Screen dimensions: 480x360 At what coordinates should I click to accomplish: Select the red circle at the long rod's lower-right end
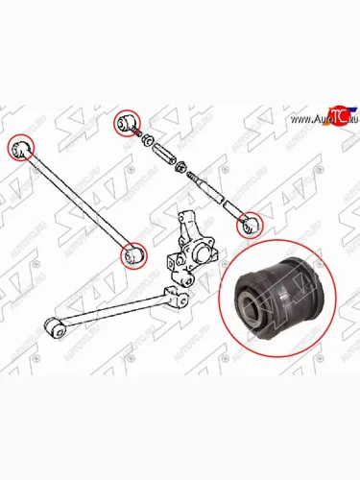[133, 256]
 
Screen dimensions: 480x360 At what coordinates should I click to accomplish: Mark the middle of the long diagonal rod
[77, 202]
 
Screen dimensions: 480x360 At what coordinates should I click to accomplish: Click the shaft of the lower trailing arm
[115, 307]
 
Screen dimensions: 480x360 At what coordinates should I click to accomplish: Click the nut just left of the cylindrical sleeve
[150, 143]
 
